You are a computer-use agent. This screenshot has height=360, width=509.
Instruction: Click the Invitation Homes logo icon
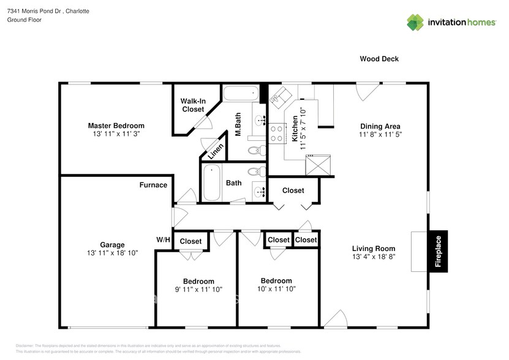415,23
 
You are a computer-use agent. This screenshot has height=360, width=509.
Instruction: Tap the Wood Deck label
379,59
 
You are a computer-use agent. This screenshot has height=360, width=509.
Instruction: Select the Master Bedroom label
116,126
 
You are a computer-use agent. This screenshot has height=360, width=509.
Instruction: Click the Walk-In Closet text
192,105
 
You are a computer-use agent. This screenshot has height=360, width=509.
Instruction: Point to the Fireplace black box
438,252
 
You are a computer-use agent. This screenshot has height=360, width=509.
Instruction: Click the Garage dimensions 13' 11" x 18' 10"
112,252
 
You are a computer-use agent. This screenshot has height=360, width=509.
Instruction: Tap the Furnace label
153,185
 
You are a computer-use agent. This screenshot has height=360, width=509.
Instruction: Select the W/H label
164,240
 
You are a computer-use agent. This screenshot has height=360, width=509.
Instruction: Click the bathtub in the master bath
240,95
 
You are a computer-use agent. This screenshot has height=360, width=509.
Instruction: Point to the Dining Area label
380,127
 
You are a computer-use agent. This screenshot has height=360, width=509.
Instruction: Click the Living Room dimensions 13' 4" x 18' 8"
374,257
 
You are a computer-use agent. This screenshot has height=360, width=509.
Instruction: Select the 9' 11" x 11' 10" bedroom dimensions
198,290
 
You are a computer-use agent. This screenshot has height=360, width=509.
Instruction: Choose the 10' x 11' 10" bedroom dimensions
276,288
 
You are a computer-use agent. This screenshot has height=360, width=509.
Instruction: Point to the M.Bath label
239,124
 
